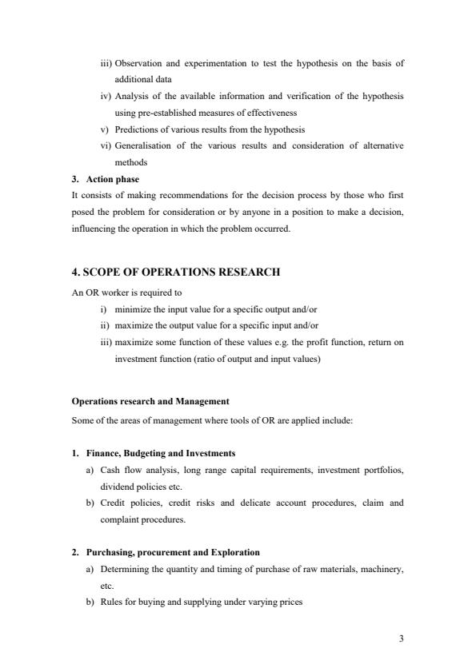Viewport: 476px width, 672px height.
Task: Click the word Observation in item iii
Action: [x=138, y=62]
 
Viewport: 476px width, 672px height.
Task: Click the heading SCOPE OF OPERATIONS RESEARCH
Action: [x=176, y=272]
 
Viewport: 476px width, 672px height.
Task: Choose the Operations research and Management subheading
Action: [x=150, y=400]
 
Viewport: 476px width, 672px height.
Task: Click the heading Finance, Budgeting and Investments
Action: [x=160, y=453]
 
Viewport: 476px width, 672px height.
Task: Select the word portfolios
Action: [x=383, y=470]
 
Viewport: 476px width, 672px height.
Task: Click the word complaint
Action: [x=119, y=519]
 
